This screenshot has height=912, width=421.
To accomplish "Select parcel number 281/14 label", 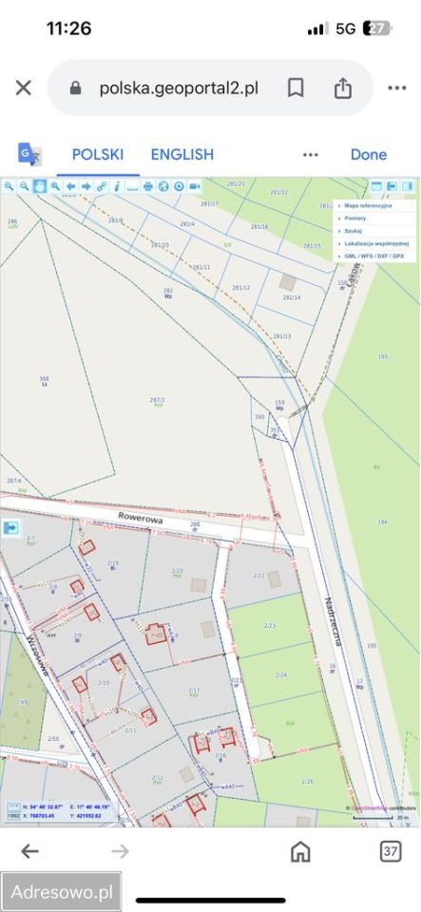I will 291,297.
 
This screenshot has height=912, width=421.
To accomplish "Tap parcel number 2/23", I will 269,627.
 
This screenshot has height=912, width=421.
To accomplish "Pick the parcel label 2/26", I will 307,781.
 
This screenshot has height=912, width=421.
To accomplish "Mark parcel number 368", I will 44,379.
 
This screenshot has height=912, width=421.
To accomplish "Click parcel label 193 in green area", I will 382,356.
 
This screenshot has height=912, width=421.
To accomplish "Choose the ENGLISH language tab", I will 182,154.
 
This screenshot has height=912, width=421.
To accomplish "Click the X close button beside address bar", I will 24,88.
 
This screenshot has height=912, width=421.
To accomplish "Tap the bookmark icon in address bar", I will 296,88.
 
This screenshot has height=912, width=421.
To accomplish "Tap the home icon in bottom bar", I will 300,850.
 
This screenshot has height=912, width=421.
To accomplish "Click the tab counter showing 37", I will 391,850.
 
